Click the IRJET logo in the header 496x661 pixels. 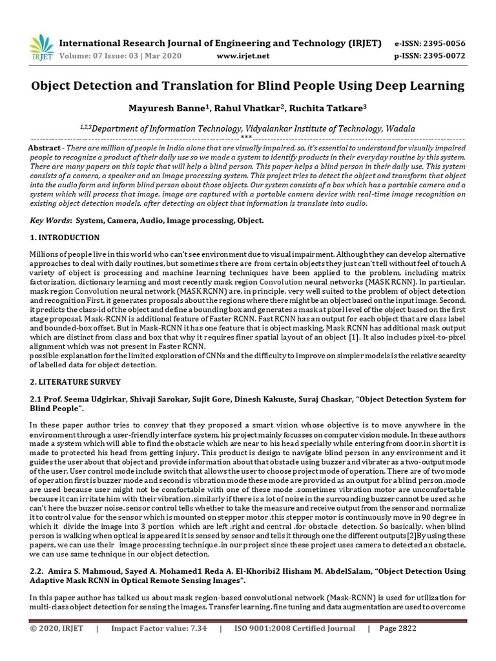41,47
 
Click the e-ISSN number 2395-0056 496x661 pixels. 442,43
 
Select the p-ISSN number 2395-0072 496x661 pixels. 442,56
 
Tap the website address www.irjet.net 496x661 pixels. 243,56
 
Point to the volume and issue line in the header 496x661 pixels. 121,56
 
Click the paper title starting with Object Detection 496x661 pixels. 248,85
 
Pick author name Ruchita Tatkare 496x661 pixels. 315,108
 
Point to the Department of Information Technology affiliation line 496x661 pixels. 248,128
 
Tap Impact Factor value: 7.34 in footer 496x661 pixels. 159,629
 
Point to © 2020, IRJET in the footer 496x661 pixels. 56,629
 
